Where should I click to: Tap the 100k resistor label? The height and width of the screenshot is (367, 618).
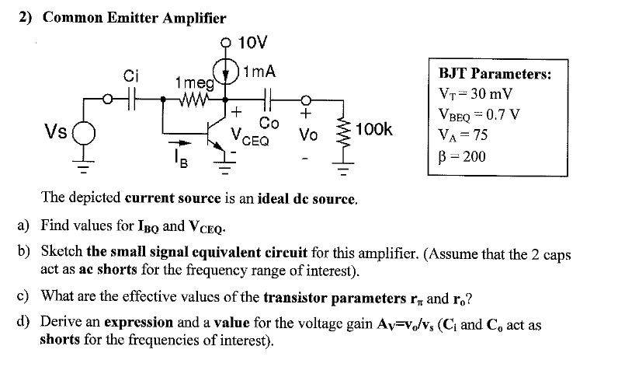pos(374,128)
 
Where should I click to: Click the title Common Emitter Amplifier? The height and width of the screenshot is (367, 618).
pos(134,18)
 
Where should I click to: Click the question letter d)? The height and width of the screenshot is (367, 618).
pos(23,322)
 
